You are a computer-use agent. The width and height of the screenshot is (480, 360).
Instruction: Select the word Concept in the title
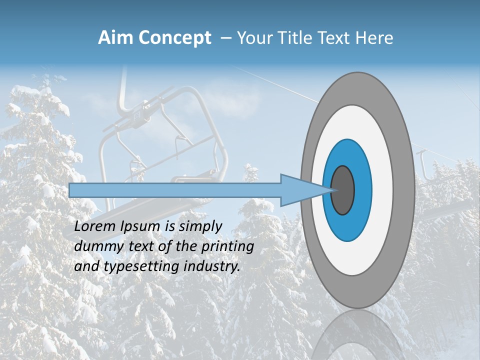[175, 38]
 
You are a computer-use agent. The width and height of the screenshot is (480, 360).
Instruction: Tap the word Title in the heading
[297, 38]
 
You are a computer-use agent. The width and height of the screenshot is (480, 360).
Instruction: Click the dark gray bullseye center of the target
[342, 190]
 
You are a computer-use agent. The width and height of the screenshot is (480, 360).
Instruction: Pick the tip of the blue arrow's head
[333, 190]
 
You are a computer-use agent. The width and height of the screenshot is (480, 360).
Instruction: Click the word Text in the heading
[337, 38]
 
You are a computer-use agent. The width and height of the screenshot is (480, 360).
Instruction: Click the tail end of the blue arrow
[70, 190]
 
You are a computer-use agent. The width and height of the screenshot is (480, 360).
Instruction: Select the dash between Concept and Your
[225, 38]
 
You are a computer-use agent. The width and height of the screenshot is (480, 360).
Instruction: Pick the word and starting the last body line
[86, 266]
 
